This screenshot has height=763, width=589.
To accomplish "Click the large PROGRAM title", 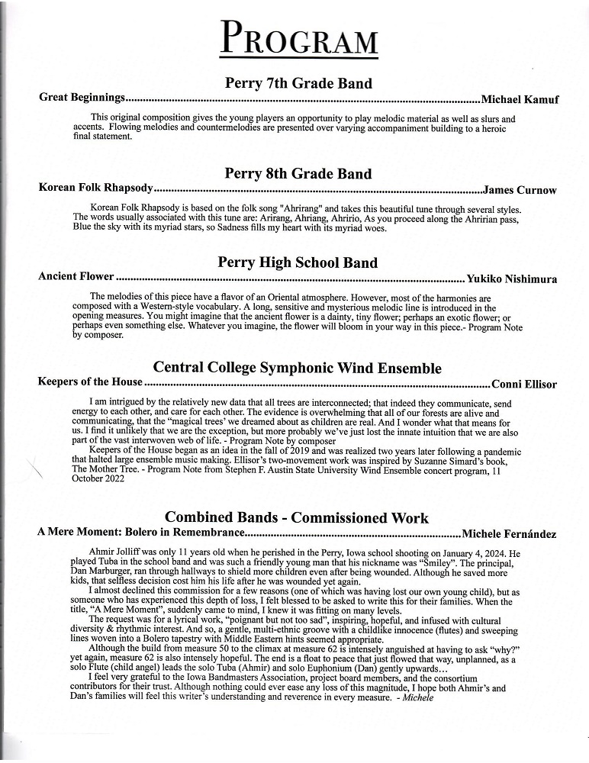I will tap(298, 38).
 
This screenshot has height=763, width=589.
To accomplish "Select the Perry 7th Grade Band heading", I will tap(298, 84).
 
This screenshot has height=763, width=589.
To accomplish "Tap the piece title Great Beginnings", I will tap(82, 98).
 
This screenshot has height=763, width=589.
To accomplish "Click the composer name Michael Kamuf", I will tap(520, 99).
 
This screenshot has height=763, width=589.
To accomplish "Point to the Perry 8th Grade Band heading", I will tap(298, 174).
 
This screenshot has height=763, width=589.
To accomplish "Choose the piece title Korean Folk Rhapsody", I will tap(96, 188).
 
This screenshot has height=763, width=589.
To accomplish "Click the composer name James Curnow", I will tap(520, 190).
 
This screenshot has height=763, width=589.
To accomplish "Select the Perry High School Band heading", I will tap(298, 262).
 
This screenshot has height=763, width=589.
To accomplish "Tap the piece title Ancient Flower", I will tap(76, 277).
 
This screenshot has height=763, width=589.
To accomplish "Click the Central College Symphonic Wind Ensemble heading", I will tap(298, 369).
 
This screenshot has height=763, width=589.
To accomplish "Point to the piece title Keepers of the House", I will tap(90, 382).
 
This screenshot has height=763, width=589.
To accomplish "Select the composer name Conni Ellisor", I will tap(524, 384).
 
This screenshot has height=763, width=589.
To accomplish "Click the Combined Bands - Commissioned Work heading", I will tap(297, 518).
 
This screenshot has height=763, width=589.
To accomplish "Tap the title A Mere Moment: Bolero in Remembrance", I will tap(141, 533).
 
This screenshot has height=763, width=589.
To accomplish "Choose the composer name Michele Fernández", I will tap(509, 533).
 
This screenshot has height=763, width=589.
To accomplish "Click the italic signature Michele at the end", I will tap(417, 697).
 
